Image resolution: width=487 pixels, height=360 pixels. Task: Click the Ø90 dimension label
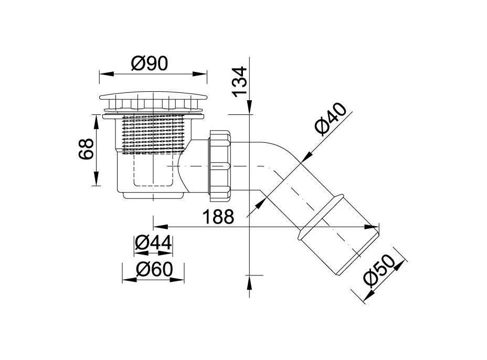click(x=150, y=63)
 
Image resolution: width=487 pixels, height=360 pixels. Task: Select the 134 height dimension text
click(x=240, y=82)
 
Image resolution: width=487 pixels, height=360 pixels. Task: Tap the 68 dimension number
click(x=86, y=149)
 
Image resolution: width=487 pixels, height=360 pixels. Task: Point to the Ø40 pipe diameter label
click(x=330, y=119)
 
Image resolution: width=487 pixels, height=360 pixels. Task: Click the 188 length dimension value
click(x=218, y=217)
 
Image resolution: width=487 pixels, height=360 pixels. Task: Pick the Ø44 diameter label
click(x=153, y=242)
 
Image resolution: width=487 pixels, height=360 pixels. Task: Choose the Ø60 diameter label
click(x=154, y=269)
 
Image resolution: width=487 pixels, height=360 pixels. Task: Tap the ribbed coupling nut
click(x=220, y=165)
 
